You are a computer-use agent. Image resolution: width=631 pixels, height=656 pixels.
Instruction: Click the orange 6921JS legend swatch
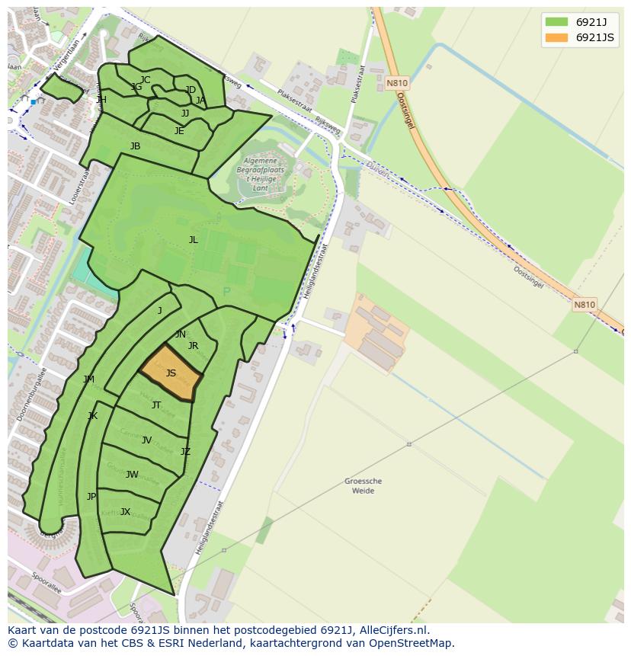(x=556, y=37)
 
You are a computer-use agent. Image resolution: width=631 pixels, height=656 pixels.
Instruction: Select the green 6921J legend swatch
(x=556, y=22)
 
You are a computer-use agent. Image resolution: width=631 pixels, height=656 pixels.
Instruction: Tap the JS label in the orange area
(x=171, y=373)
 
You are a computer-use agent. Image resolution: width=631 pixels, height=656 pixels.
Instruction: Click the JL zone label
(x=193, y=240)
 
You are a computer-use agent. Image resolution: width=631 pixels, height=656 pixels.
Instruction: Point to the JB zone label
(x=135, y=146)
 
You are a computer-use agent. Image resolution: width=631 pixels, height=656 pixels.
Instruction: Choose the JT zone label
(x=156, y=405)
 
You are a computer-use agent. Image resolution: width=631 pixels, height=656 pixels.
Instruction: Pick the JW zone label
(x=132, y=475)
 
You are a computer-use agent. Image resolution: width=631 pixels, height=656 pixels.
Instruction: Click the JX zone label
(x=125, y=512)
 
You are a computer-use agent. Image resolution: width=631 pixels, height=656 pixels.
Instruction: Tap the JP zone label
(x=91, y=497)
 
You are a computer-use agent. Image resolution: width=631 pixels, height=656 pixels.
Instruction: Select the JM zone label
(x=89, y=379)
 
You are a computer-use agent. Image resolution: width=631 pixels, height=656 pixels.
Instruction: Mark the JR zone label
(x=193, y=346)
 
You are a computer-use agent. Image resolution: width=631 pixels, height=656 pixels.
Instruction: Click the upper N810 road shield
(x=396, y=83)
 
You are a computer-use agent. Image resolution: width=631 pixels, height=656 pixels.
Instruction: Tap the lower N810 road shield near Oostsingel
(x=584, y=305)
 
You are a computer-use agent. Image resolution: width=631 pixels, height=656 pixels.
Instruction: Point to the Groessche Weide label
(x=363, y=486)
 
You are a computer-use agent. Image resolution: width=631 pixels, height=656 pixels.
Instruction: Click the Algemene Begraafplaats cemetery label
(x=261, y=172)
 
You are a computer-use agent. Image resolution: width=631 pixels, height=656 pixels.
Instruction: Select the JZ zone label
(x=185, y=452)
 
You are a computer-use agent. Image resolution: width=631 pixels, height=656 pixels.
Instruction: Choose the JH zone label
(x=101, y=100)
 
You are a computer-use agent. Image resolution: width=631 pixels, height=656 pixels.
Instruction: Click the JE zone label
(x=179, y=131)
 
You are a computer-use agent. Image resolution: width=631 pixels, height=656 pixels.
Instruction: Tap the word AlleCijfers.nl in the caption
(x=391, y=631)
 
